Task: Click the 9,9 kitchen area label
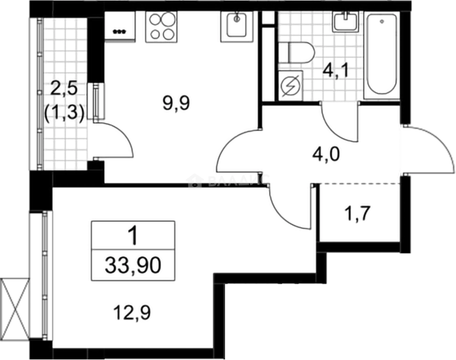tap(176, 104)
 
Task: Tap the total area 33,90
tap(133, 266)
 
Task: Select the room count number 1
tap(133, 236)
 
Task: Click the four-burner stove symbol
tap(161, 27)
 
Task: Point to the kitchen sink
tap(237, 25)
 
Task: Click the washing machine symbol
tap(290, 85)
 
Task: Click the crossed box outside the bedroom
tap(14, 308)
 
